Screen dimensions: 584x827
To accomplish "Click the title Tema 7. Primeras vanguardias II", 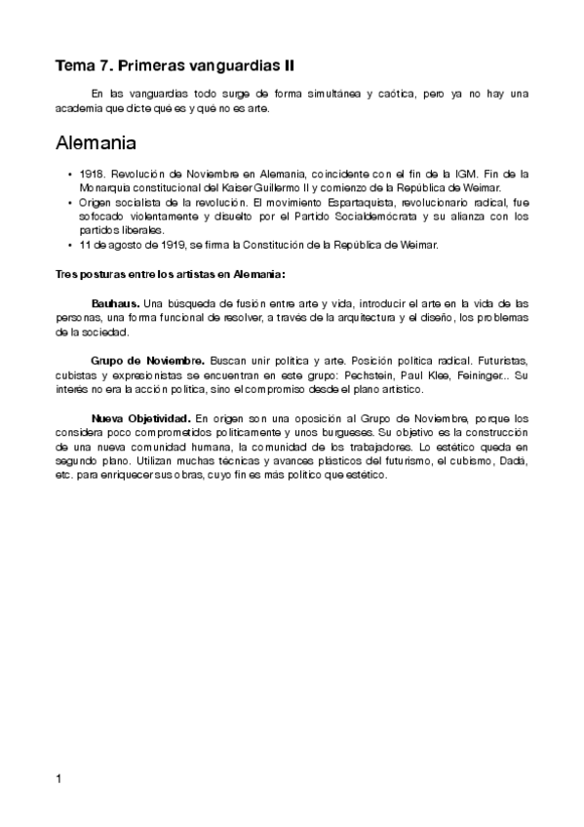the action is coord(175,66).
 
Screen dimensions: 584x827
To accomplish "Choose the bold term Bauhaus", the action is coord(115,304).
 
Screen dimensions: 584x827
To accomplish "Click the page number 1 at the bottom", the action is coord(59,778).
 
